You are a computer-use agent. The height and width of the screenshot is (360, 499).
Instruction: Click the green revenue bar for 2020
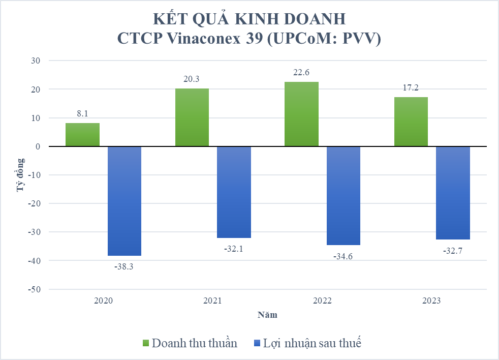pyautogui.click(x=82, y=135)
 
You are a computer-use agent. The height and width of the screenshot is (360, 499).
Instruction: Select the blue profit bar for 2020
pyautogui.click(x=124, y=201)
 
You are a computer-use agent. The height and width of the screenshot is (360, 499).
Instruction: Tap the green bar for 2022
pyautogui.click(x=301, y=114)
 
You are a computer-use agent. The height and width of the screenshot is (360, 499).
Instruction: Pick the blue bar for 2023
pyautogui.click(x=453, y=193)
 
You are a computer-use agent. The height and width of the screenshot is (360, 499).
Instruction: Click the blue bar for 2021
pyautogui.click(x=234, y=192)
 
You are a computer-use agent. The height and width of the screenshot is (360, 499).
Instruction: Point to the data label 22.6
pyautogui.click(x=301, y=73)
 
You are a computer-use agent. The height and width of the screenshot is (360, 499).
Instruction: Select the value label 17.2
pyautogui.click(x=411, y=88)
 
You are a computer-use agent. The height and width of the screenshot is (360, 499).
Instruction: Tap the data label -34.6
pyautogui.click(x=343, y=256)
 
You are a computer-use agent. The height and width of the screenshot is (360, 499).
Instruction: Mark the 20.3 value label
pyautogui.click(x=192, y=79)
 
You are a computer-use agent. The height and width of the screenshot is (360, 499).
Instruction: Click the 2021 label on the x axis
pyautogui.click(x=212, y=301)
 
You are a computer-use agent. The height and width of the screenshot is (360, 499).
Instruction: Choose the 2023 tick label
pyautogui.click(x=431, y=301)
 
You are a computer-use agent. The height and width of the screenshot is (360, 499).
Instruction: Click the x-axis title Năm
pyautogui.click(x=267, y=315)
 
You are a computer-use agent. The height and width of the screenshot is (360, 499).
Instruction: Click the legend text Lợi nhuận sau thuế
pyautogui.click(x=311, y=343)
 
